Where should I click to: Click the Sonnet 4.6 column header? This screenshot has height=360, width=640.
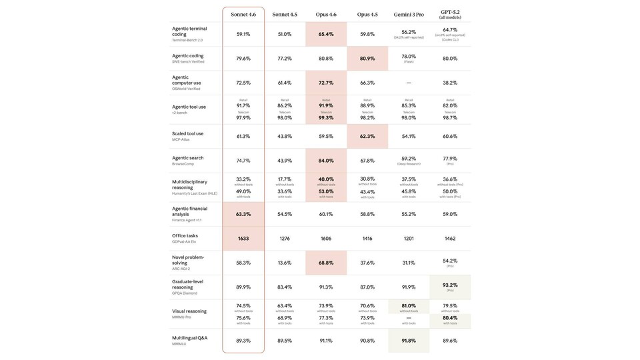coord(243,14)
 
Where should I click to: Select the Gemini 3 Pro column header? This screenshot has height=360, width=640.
coord(409,14)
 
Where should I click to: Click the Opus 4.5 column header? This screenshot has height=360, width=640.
coord(367,14)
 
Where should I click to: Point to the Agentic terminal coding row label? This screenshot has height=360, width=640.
coord(189,31)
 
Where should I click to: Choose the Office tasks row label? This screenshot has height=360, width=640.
coord(185,235)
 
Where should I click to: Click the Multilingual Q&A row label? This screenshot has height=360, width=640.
coord(189,338)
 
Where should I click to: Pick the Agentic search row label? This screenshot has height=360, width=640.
coord(188,158)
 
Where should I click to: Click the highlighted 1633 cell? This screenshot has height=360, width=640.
coord(243,238)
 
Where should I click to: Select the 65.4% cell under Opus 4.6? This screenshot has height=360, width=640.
coord(326,34)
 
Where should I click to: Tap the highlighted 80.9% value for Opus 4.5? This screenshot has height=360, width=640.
coord(367,59)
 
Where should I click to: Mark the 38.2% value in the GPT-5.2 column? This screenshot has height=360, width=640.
coord(450,83)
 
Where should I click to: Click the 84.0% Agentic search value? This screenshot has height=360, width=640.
coord(326,161)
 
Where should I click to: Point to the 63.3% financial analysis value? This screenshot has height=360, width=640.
coord(243,214)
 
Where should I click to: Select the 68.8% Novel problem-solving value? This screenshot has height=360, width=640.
coord(326,263)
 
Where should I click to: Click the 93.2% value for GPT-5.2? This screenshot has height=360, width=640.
coord(450,285)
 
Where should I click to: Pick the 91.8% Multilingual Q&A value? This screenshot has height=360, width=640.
coord(409,341)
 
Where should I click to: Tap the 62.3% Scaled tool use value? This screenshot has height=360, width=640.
coord(367,136)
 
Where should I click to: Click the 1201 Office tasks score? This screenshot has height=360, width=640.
coord(409,238)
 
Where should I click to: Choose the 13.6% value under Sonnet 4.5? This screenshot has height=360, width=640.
coord(285,263)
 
